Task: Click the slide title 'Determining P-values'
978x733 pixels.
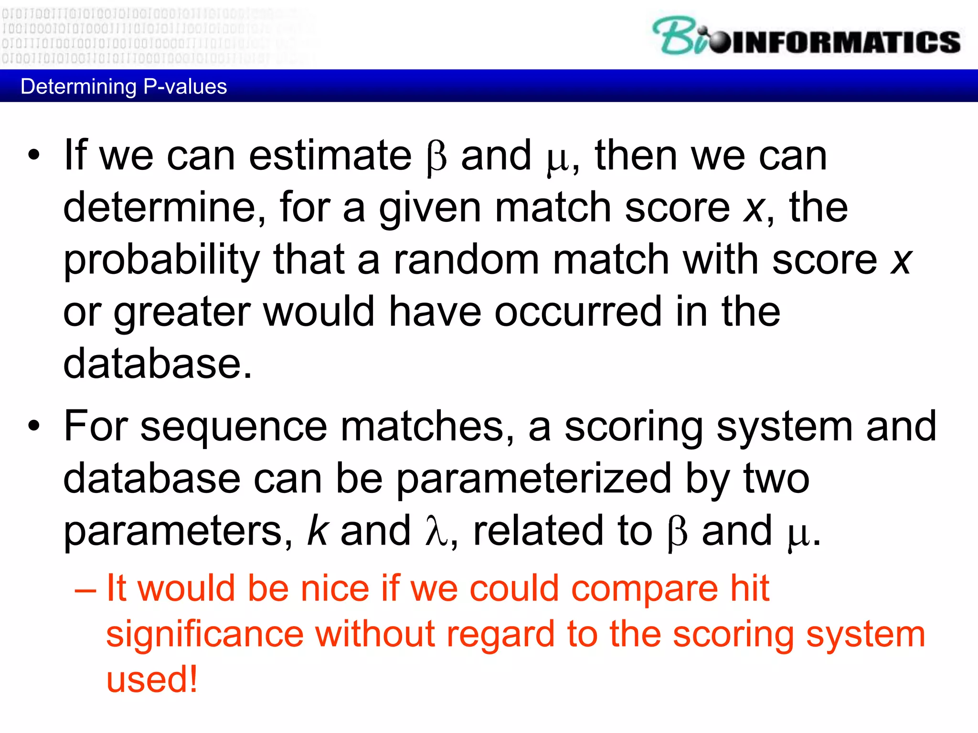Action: pos(124,87)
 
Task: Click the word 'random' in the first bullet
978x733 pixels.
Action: pos(466,260)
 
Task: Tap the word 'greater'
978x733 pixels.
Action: pos(182,313)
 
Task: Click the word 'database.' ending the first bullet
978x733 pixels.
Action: pos(158,364)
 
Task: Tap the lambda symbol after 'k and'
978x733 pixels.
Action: pos(436,531)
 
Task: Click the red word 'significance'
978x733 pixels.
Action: pos(205,635)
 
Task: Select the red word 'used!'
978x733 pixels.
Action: pos(151,680)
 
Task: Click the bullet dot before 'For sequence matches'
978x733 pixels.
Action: pos(33,426)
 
